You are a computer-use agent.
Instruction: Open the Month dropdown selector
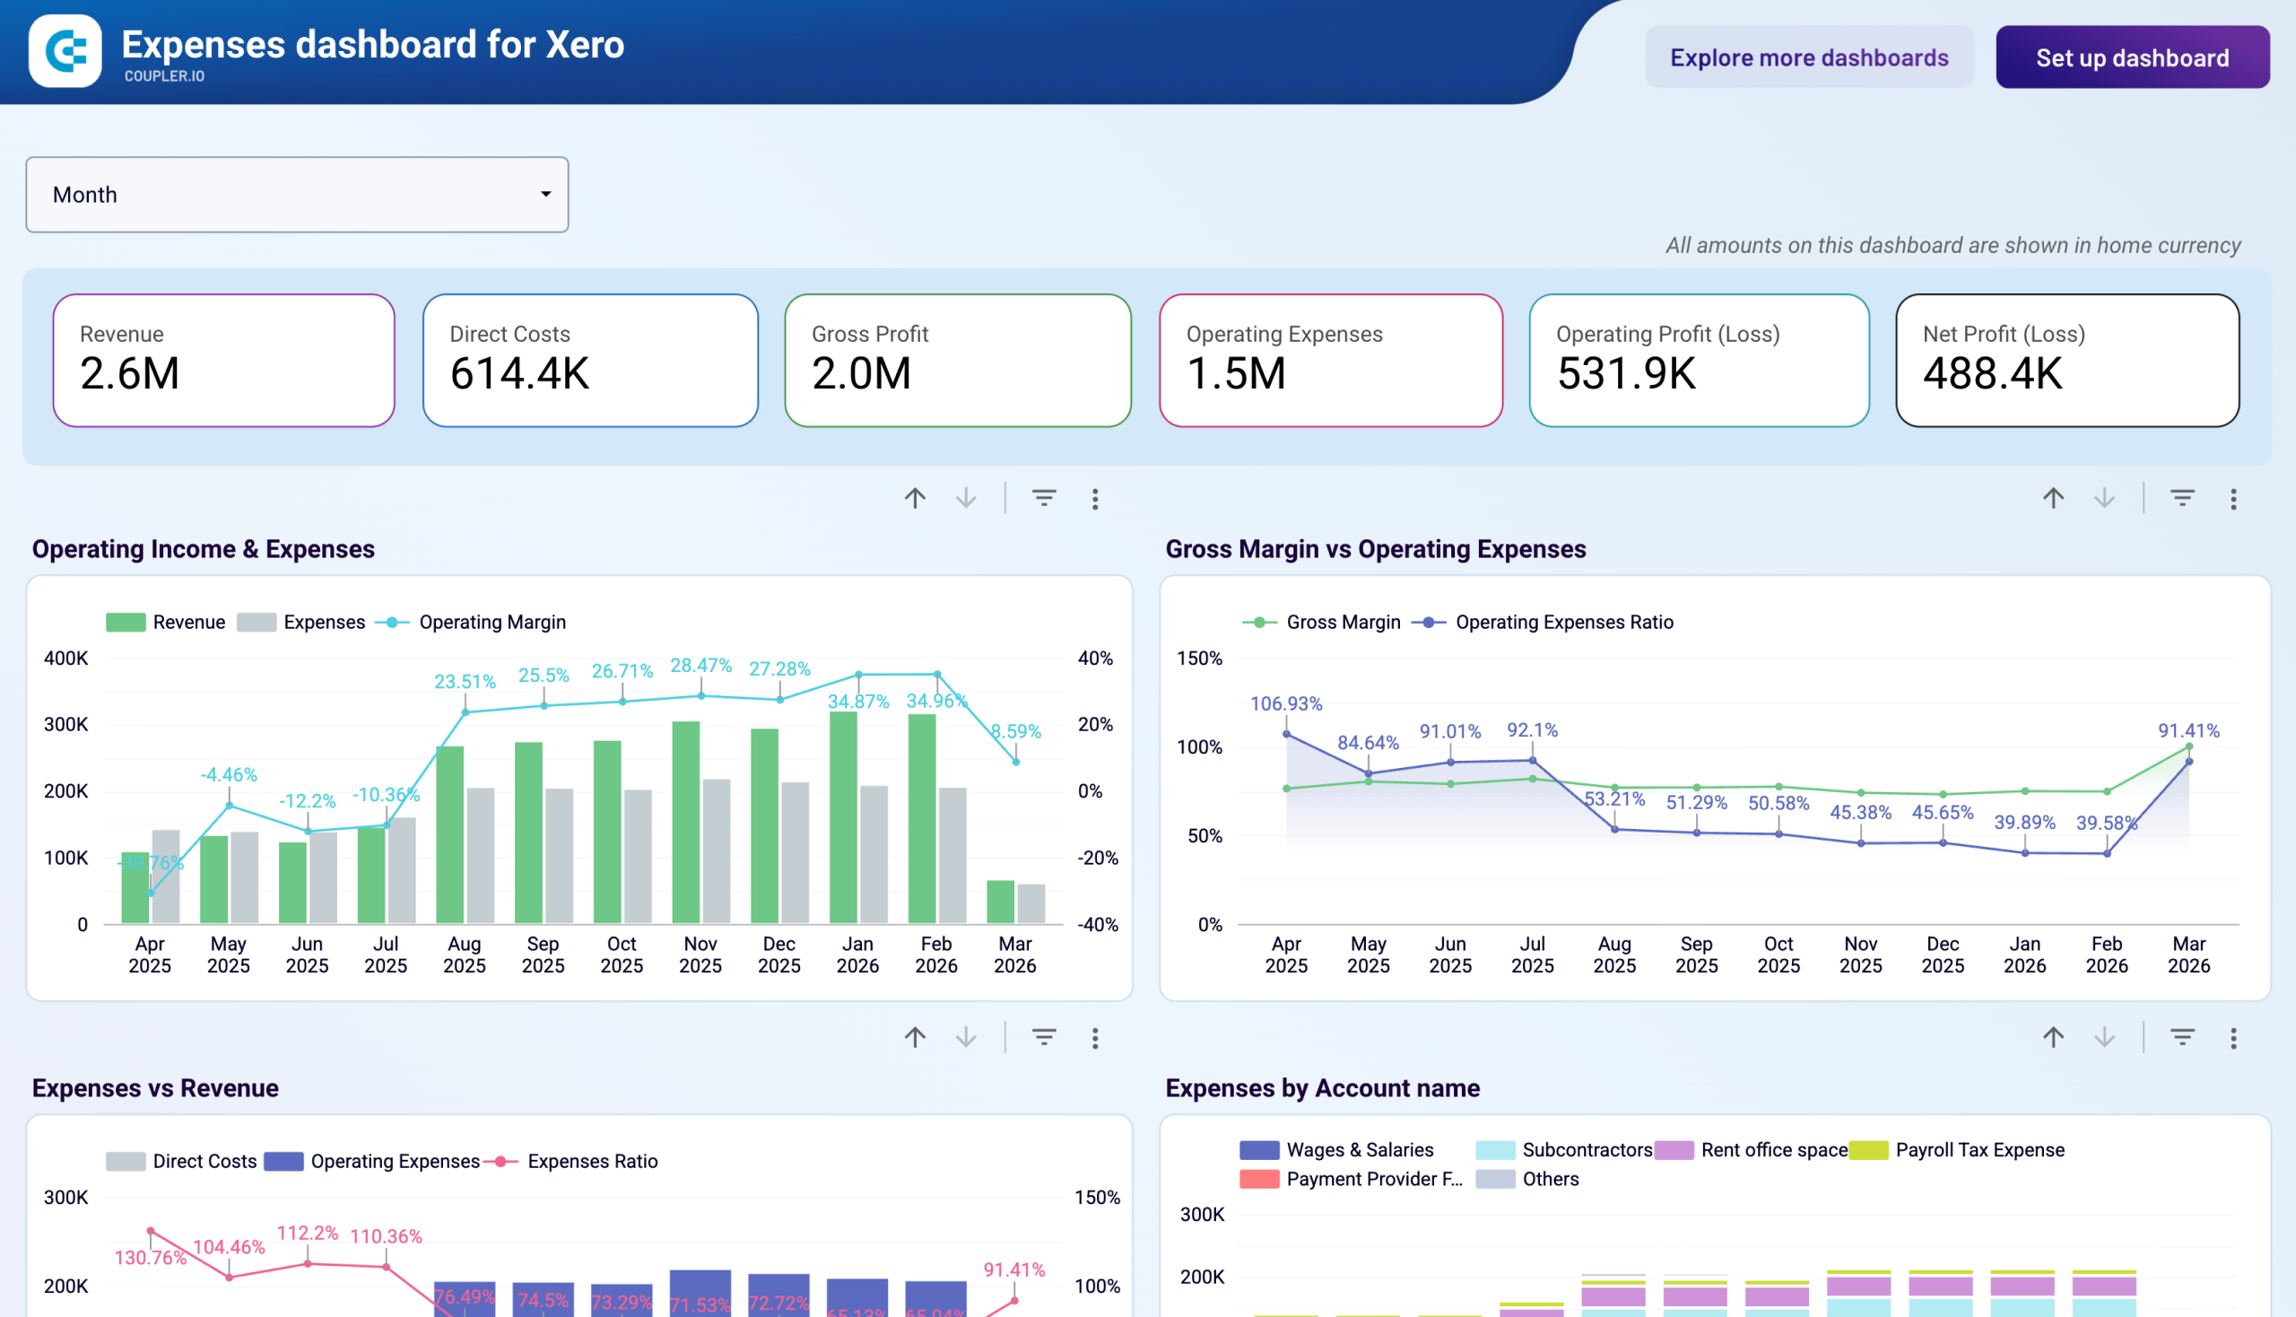pos(297,195)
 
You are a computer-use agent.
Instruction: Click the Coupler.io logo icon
pos(65,50)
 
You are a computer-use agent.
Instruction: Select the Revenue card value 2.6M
pos(130,373)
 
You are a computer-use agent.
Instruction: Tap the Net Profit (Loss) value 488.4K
pos(1992,373)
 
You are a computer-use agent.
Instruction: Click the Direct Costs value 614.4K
pos(519,373)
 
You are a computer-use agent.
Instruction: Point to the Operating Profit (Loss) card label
pos(1666,334)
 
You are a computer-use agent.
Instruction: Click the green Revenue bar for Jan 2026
pos(843,818)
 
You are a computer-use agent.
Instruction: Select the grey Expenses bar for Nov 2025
pos(717,850)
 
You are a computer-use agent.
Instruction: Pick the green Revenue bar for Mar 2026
pos(999,901)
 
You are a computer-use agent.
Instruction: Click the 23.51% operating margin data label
pos(465,681)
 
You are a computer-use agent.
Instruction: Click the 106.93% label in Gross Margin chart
pos(1285,703)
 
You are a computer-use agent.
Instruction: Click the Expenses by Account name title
pos(1321,1087)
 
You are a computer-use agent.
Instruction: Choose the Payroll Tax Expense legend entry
pos(1979,1149)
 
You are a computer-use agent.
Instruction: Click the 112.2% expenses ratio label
pos(308,1233)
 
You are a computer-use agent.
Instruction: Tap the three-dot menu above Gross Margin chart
pos(2231,500)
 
